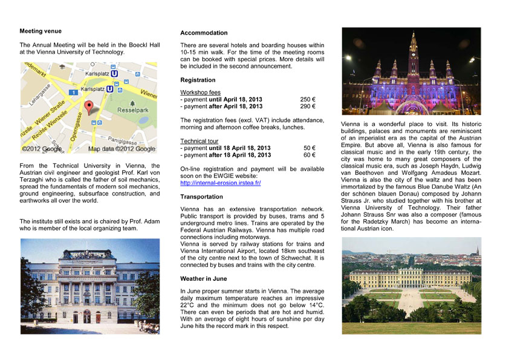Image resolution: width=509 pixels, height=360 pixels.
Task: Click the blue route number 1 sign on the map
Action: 73,92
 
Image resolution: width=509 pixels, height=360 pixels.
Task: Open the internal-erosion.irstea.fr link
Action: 220,183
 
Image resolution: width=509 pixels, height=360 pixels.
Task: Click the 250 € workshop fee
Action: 308,99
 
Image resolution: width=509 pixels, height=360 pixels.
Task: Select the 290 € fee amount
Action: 308,106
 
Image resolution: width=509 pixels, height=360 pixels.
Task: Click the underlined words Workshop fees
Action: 200,91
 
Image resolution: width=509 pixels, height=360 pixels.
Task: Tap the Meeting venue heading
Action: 41,31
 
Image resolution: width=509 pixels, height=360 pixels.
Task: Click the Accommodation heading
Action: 204,33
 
